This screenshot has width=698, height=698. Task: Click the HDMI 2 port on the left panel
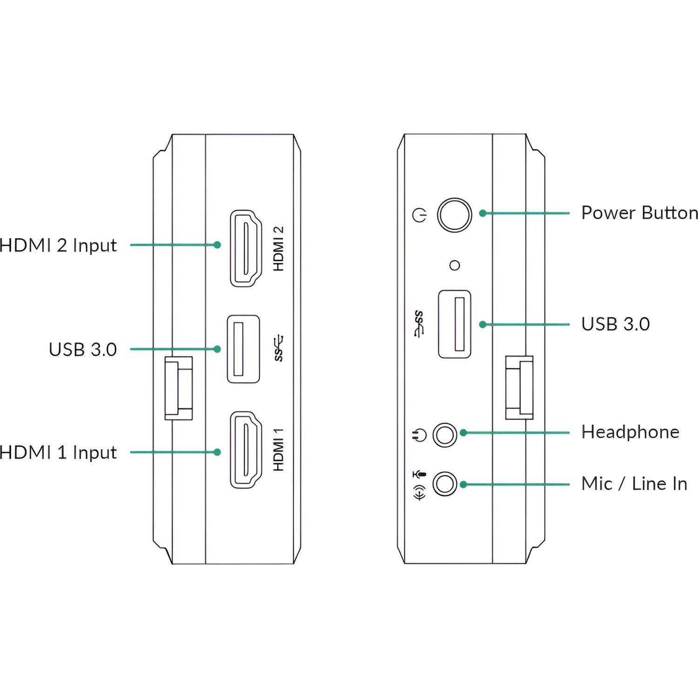tap(246, 248)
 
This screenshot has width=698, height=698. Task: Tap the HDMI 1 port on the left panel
tap(246, 450)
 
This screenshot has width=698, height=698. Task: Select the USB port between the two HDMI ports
tap(243, 349)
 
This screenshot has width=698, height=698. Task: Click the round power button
tap(454, 215)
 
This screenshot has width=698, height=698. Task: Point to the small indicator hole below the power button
tap(455, 265)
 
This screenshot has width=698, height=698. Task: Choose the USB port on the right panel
tap(455, 324)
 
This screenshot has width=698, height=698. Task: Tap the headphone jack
tap(444, 435)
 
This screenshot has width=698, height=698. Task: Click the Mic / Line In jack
tap(444, 484)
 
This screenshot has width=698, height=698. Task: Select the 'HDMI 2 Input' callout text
tap(58, 245)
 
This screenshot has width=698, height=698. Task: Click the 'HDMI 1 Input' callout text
tap(58, 452)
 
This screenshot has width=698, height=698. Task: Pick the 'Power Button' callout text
tap(639, 213)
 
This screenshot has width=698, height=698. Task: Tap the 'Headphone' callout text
tap(630, 432)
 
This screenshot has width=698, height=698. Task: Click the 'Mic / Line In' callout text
tap(634, 483)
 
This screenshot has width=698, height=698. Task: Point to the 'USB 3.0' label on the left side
tap(83, 349)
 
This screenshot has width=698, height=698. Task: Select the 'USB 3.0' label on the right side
tap(615, 324)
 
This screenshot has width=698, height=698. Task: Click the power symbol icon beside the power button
tap(420, 215)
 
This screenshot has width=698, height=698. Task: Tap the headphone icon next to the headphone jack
tap(419, 436)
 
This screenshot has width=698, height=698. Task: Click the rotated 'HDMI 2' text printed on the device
tap(278, 248)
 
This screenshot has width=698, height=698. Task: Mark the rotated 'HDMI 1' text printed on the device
tap(278, 450)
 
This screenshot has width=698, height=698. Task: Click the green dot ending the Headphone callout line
tap(463, 433)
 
